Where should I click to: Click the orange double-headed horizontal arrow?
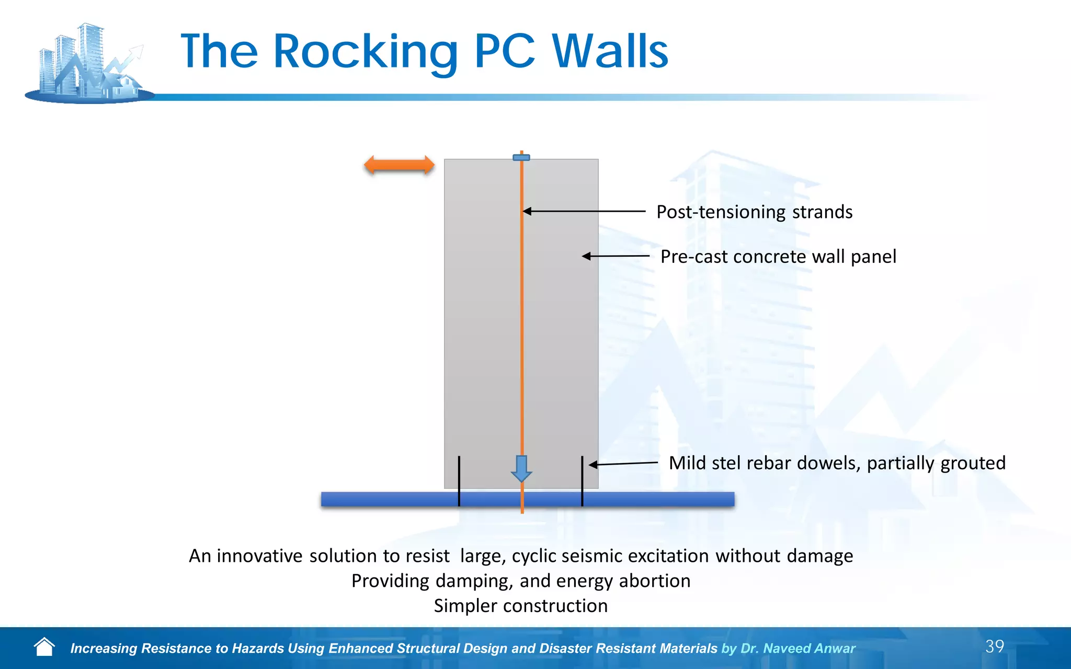coord(399,165)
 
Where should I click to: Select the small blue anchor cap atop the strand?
coord(521,157)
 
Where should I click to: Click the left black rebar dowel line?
coord(459,481)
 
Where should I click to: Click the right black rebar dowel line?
coord(582,481)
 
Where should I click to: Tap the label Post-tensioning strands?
coord(754,212)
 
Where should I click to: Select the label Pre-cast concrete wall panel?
coord(778,257)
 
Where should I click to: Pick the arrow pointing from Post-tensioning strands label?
coord(584,211)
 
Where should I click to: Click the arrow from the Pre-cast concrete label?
coord(616,256)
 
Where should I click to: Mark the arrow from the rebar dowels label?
coord(623,464)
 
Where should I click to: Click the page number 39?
coord(994,647)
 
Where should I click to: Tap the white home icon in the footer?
coord(44,647)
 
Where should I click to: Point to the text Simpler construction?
coord(521,606)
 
